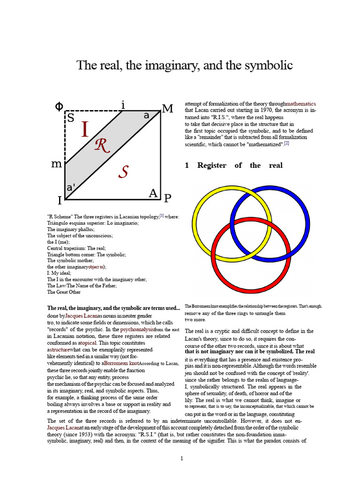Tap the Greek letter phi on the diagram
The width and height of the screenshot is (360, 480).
(x=59, y=106)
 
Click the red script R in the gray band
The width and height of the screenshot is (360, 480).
(x=102, y=146)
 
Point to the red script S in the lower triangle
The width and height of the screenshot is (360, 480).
(x=123, y=172)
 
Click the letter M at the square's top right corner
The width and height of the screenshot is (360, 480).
(x=167, y=109)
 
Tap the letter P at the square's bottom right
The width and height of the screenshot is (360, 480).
(x=167, y=198)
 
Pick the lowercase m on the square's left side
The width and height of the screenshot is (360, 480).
(x=56, y=164)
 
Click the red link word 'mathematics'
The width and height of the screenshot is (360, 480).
(x=300, y=104)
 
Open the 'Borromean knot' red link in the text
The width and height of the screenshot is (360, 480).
(x=120, y=363)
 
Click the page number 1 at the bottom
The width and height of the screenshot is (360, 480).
(x=181, y=458)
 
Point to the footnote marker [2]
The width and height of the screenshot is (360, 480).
(x=286, y=143)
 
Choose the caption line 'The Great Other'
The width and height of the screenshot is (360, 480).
(x=64, y=292)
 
